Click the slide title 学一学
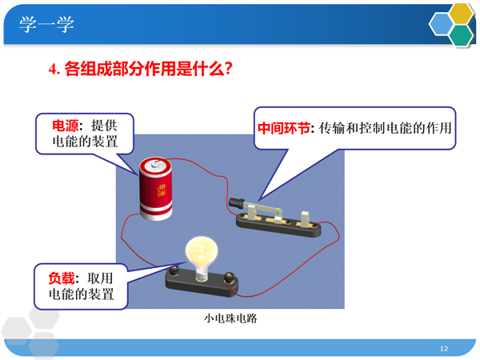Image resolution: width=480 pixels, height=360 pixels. (x=46, y=24)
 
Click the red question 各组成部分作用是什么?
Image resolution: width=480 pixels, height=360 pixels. (x=149, y=69)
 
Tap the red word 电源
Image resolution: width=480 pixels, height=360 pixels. (x=66, y=126)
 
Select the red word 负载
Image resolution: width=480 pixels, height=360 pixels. (x=62, y=278)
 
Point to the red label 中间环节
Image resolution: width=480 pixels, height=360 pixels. (x=284, y=128)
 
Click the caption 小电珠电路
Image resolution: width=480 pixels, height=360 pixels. (x=230, y=318)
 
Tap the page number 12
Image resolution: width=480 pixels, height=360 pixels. (x=444, y=348)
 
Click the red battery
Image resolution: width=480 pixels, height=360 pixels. (x=155, y=189)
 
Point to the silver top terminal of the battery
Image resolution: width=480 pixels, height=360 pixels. (x=154, y=166)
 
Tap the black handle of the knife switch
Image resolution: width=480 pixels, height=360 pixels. (x=236, y=202)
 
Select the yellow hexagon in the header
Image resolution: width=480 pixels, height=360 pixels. (x=461, y=14)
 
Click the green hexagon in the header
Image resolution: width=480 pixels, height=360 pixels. (x=462, y=35)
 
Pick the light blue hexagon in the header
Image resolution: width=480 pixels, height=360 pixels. (x=441, y=24)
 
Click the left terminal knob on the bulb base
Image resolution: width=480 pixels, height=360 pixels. (x=174, y=270)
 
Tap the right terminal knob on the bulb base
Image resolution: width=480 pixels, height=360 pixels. (x=229, y=278)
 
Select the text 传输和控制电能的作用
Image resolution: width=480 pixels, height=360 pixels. (x=385, y=128)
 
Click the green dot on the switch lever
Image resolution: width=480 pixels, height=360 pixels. (x=278, y=212)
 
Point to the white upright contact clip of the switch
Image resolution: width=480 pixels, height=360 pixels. (x=305, y=219)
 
